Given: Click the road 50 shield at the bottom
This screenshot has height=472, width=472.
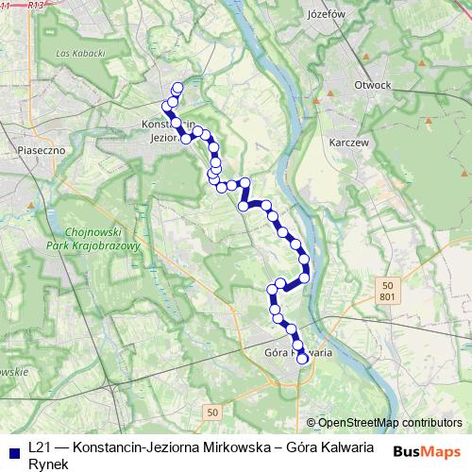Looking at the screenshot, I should (x=212, y=412).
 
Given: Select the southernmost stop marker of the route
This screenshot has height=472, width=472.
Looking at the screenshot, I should (x=303, y=359).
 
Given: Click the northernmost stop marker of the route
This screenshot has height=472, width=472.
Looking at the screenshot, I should (x=177, y=88).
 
